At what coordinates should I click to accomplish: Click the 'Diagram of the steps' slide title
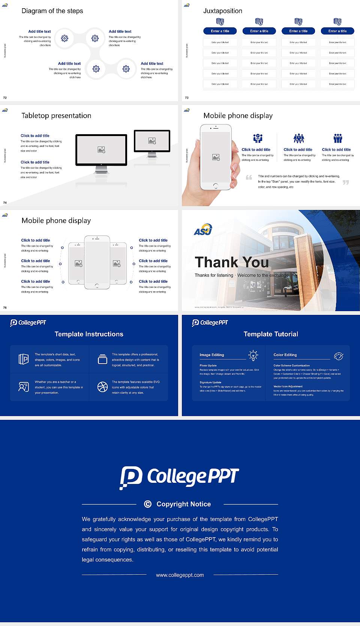(x=52, y=11)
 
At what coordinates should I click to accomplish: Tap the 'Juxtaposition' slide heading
(x=222, y=11)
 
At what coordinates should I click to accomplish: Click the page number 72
(x=5, y=98)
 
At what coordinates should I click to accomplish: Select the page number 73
(x=187, y=98)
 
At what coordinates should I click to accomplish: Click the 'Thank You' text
(x=231, y=262)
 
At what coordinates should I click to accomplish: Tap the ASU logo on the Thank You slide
(x=203, y=229)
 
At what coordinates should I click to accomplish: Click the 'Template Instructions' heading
(x=89, y=334)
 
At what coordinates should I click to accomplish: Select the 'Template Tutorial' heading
(x=271, y=334)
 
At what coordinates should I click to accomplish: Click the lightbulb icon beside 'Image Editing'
(x=253, y=355)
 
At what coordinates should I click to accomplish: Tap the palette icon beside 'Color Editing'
(x=339, y=356)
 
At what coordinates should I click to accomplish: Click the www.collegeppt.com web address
(x=180, y=575)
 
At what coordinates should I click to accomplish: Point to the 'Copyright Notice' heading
(x=183, y=504)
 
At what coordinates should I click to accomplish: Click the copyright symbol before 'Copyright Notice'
(x=148, y=504)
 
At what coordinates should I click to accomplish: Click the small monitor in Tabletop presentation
(x=152, y=141)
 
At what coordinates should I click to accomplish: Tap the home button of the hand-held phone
(x=215, y=186)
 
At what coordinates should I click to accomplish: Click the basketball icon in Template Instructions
(x=102, y=387)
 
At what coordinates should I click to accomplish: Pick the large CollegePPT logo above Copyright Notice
(x=179, y=477)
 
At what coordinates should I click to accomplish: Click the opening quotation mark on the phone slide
(x=249, y=177)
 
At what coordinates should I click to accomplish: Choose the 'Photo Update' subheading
(x=208, y=365)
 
